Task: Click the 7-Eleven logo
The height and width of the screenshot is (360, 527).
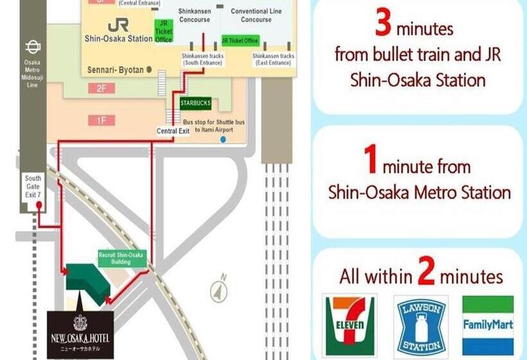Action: (349, 325)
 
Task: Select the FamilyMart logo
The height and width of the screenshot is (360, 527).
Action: (488, 325)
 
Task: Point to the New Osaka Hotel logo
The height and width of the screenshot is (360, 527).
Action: (80, 334)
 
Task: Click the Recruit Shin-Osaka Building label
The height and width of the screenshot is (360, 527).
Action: (121, 258)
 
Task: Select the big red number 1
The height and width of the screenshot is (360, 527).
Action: (370, 162)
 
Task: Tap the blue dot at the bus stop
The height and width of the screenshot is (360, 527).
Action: (223, 139)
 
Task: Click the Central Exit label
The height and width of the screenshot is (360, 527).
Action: (172, 131)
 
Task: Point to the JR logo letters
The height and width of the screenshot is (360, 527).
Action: (118, 24)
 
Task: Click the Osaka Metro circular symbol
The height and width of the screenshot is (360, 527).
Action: (33, 46)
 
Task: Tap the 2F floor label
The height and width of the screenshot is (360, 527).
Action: (101, 89)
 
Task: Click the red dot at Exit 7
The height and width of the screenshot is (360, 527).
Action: (39, 206)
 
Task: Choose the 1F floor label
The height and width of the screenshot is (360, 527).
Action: (101, 119)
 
